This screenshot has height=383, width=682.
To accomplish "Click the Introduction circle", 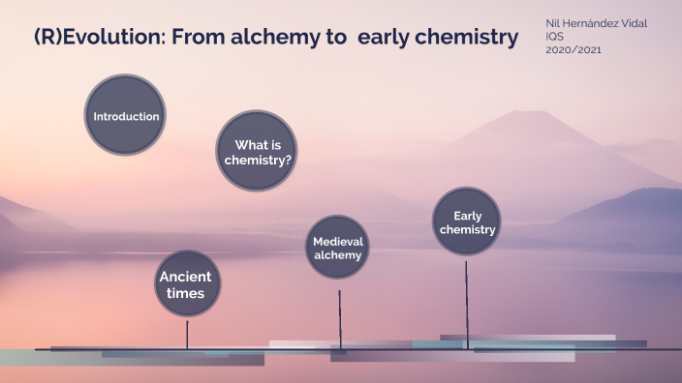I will click(x=125, y=116).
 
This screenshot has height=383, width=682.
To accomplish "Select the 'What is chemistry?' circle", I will click(x=257, y=150).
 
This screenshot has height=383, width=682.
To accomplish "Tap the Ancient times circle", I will click(x=184, y=284).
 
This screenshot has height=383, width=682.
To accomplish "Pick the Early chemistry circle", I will click(x=467, y=221).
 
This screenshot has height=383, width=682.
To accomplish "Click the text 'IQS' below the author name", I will click(x=555, y=37).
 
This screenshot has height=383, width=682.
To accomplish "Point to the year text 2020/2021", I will click(x=573, y=50).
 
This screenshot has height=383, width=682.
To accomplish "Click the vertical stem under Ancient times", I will click(x=187, y=334).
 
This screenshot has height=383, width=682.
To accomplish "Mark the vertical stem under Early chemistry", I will click(x=467, y=300).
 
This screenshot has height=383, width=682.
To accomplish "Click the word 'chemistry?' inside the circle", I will click(x=258, y=159).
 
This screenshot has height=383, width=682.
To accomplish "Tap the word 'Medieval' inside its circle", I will click(x=338, y=241).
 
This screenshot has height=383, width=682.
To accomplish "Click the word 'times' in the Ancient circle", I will click(x=184, y=293).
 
